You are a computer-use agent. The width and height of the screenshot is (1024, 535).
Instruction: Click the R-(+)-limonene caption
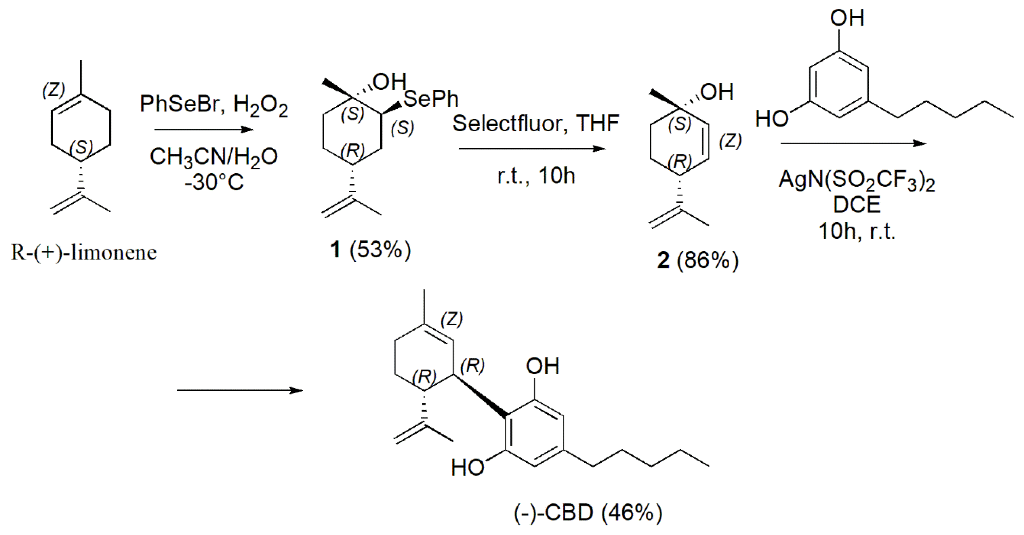[x=83, y=253]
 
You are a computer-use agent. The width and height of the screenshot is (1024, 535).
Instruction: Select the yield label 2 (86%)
[x=698, y=261]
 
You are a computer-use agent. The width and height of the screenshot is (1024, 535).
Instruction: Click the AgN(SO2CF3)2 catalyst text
[x=857, y=181]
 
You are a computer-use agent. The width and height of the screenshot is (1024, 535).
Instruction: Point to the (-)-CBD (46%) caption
[x=588, y=513]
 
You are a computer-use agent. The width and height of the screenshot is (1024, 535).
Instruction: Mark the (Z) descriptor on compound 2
[x=730, y=141]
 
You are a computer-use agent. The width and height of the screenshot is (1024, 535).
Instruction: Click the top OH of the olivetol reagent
[x=847, y=18]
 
